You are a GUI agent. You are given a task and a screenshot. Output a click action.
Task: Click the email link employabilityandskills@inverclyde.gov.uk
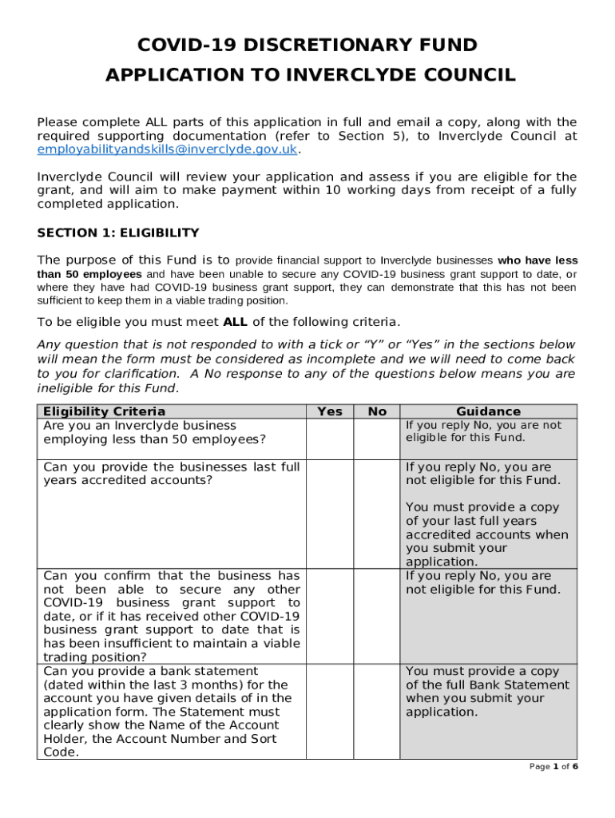coord(167,149)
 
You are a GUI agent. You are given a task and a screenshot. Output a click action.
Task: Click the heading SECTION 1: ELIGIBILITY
coord(118,233)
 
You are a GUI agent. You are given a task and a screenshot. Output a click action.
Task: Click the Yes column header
coord(330,411)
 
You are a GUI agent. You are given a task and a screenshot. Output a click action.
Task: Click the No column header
coord(377,411)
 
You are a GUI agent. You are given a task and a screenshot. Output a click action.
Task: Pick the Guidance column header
coord(488,411)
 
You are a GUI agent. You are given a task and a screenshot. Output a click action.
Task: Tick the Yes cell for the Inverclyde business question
coord(330,439)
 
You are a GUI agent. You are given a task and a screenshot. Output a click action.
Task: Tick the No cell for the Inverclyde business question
coord(377,439)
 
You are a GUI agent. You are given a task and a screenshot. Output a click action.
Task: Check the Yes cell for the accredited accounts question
coord(330,514)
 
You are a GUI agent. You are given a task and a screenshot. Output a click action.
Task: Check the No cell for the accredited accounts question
coord(377,514)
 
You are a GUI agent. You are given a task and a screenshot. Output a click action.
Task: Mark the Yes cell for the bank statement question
coord(330,711)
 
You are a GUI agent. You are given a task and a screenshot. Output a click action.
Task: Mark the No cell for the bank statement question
coord(377,711)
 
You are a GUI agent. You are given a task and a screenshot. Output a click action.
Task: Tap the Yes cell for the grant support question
coord(330,616)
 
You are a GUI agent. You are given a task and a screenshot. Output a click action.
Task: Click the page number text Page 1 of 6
coord(553,767)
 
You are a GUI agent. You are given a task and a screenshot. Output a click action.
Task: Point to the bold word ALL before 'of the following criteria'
coord(236,322)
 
